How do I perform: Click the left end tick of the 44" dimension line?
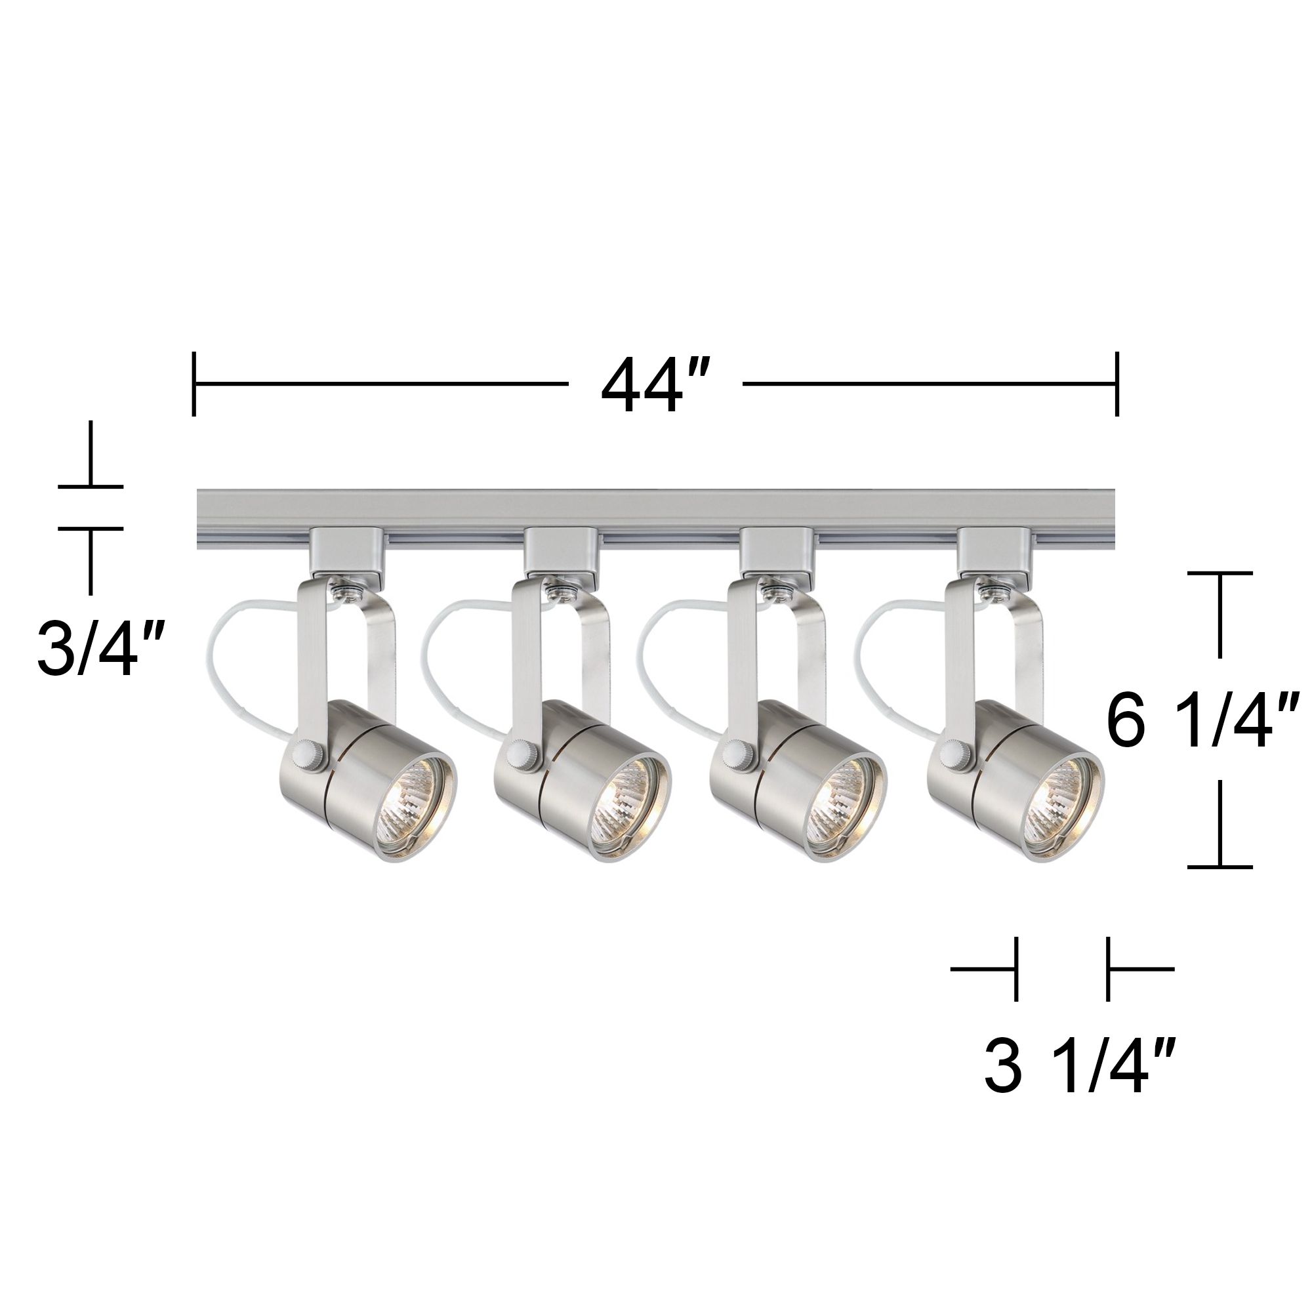click(195, 384)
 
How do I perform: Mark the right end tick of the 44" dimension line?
click(1116, 384)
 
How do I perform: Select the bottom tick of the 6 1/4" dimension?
click(1220, 867)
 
